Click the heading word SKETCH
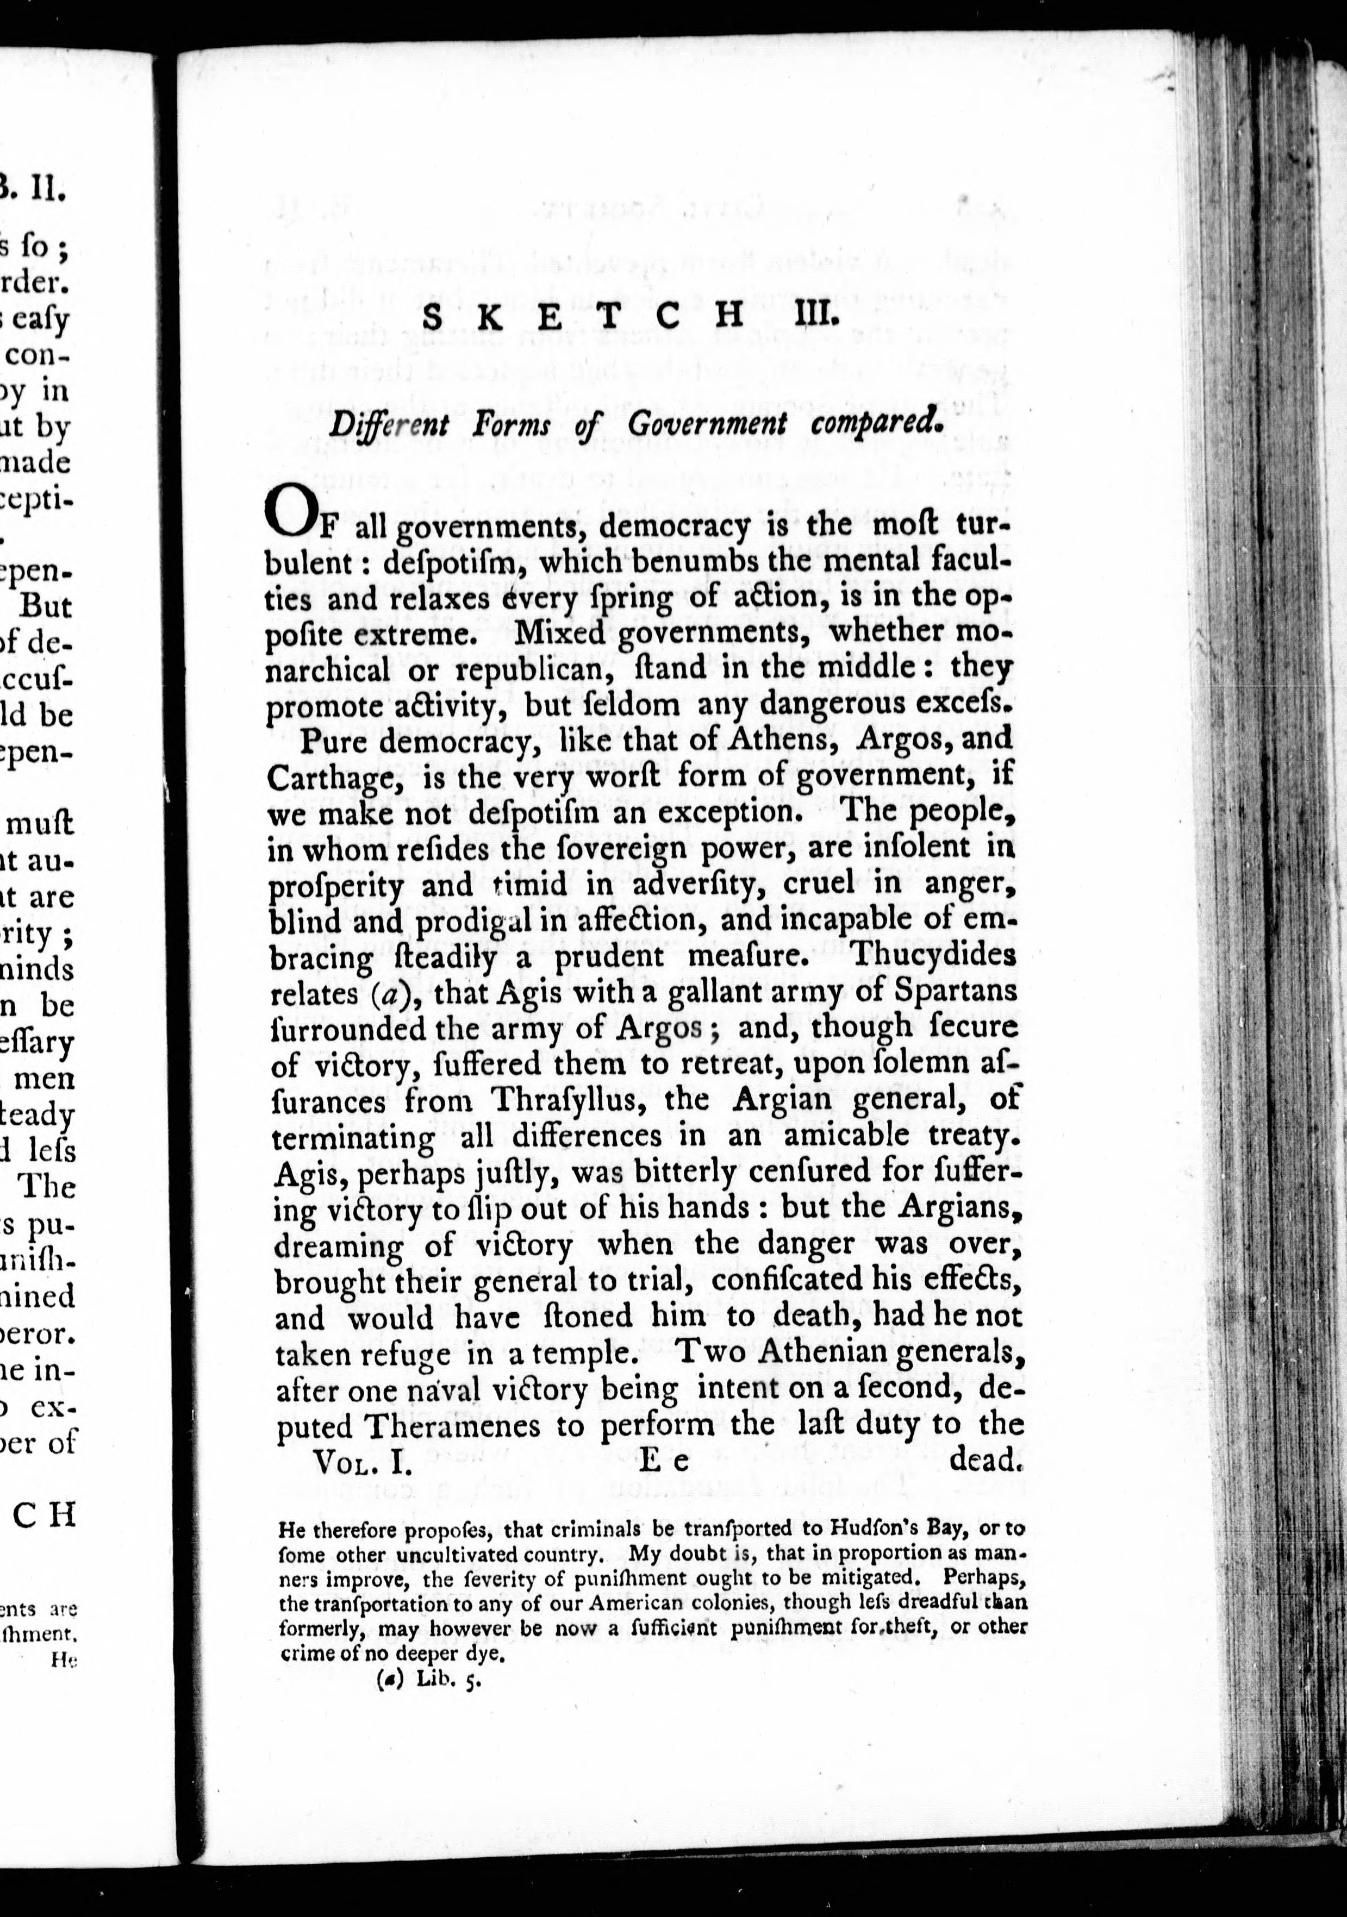pyautogui.click(x=583, y=316)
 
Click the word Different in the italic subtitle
pyautogui.click(x=389, y=424)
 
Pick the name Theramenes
pyautogui.click(x=456, y=1426)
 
